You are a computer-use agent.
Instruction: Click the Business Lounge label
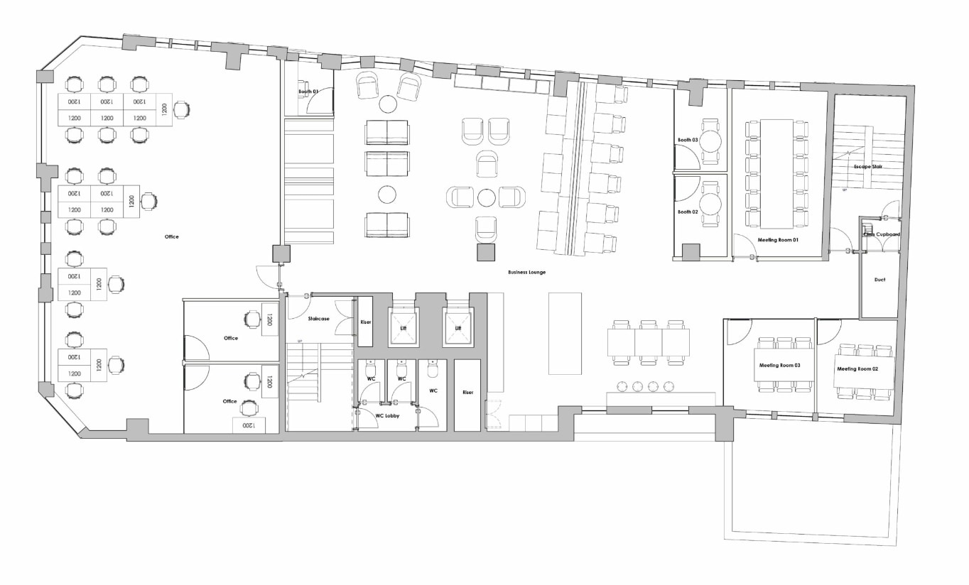point(526,273)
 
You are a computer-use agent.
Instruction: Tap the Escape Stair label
point(868,166)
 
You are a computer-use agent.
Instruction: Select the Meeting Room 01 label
point(778,240)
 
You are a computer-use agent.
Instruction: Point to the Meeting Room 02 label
point(857,369)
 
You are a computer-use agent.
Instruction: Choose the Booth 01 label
point(308,92)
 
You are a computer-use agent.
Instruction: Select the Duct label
point(879,280)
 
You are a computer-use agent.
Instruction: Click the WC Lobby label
point(387,415)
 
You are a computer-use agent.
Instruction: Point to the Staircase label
point(318,319)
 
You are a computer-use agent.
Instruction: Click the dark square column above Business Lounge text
point(486,253)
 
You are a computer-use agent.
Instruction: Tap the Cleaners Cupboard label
point(882,234)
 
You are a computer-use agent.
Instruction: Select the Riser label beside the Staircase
point(365,322)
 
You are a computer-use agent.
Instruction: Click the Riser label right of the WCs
point(467,392)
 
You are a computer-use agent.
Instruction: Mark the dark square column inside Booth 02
point(690,251)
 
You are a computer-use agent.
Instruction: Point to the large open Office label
point(171,236)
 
